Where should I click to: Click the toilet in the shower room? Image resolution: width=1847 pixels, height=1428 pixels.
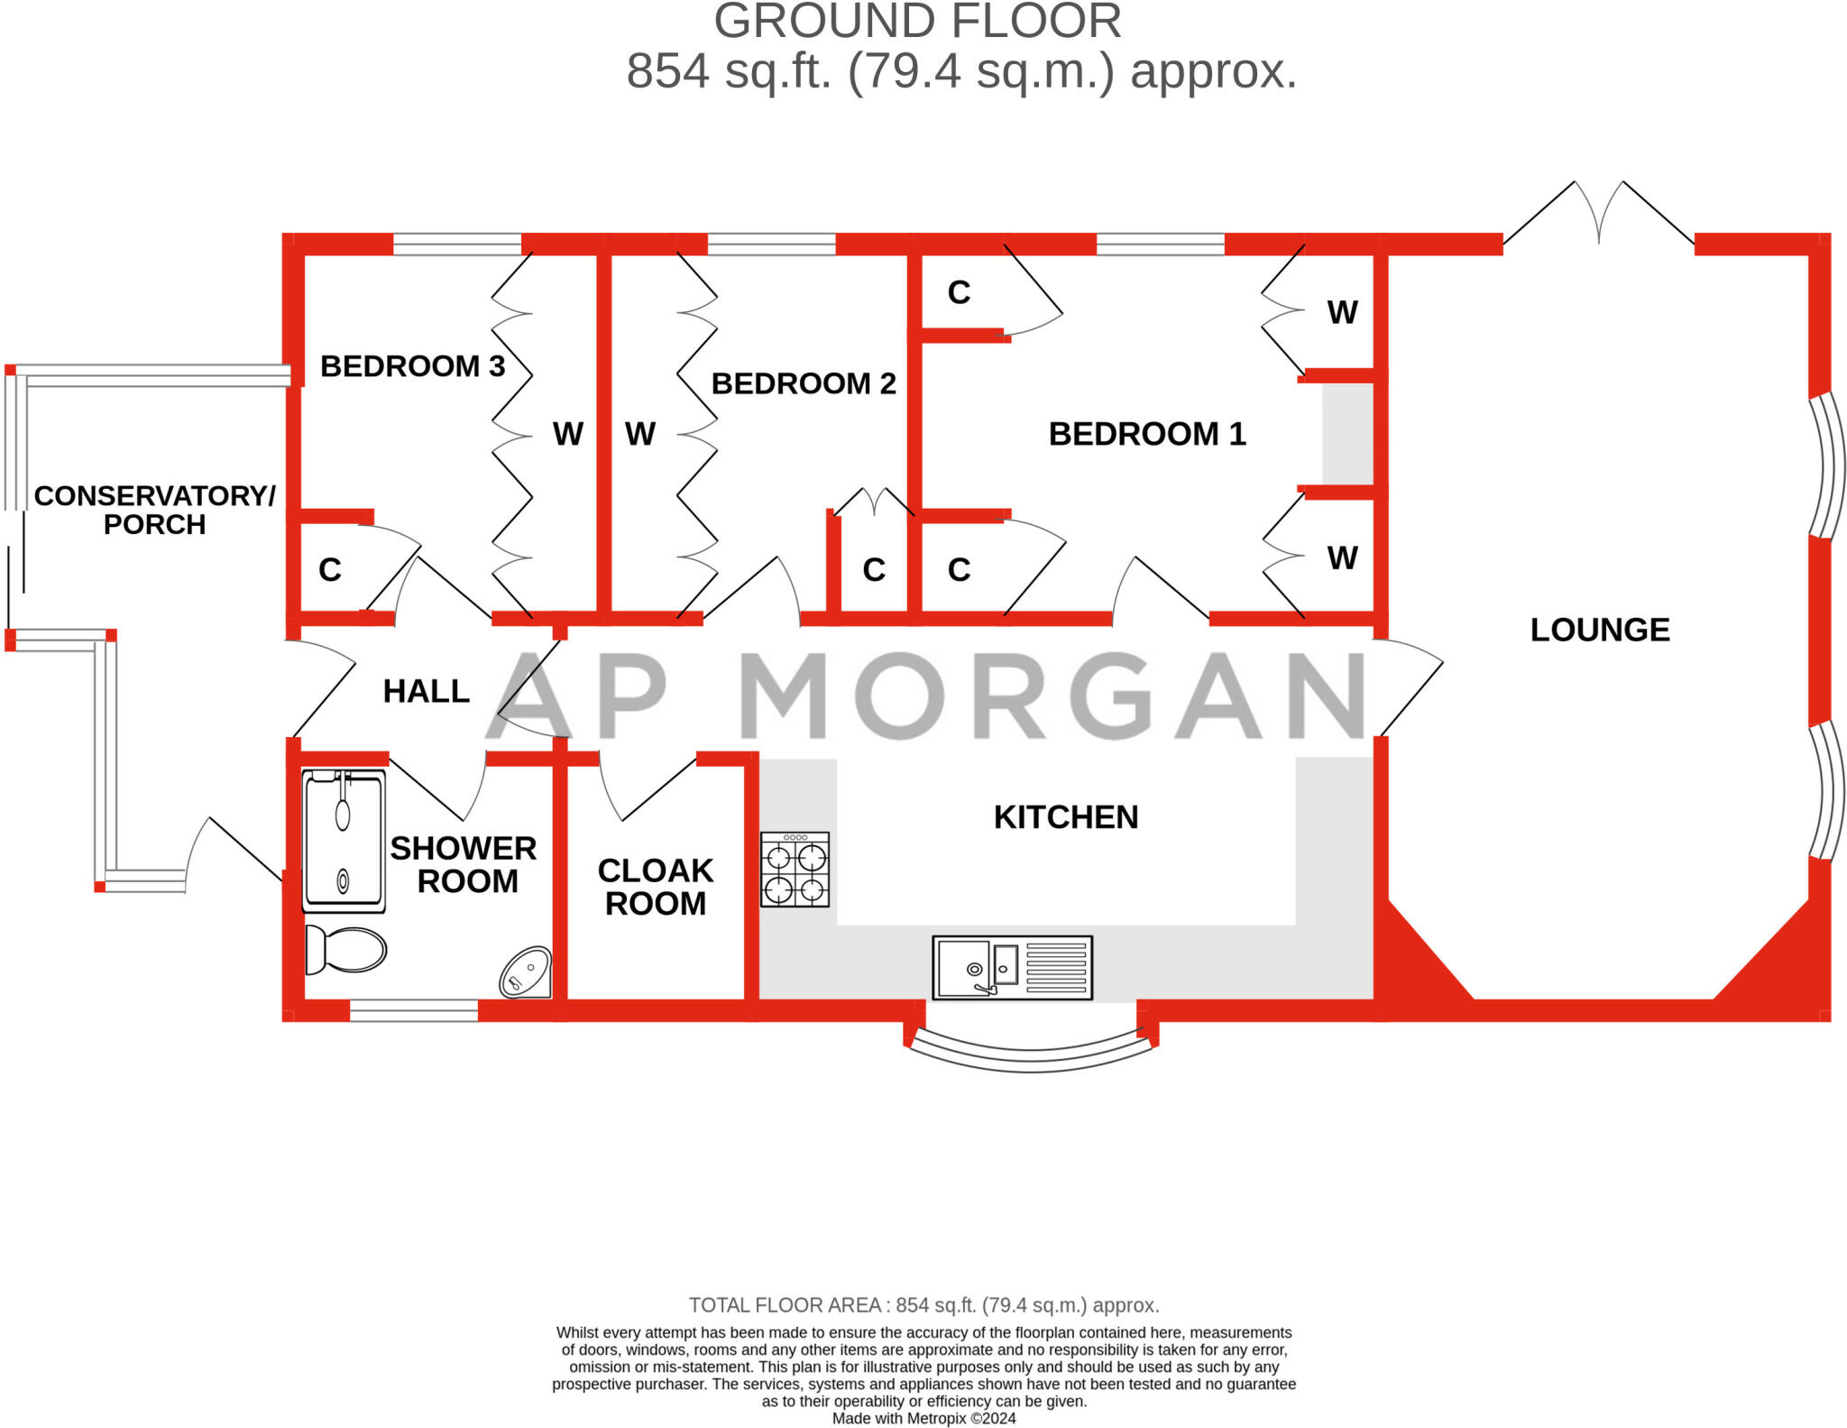(345, 949)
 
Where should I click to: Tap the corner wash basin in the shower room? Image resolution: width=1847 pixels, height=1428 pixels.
(526, 972)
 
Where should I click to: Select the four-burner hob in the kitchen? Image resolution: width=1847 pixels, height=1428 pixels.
(795, 870)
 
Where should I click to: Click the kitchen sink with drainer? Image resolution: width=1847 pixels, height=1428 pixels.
(1012, 968)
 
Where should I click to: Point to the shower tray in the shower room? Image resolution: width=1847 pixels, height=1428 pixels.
(344, 841)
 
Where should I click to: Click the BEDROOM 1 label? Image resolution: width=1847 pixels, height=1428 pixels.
(1146, 434)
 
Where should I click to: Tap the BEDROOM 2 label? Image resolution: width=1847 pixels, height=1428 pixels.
(803, 383)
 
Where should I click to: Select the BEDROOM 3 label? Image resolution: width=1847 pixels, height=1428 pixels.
(412, 366)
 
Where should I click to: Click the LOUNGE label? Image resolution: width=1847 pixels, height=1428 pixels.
(1599, 630)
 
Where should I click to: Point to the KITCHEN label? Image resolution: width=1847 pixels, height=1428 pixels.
(1065, 817)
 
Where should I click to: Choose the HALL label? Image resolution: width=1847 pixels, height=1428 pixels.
(426, 692)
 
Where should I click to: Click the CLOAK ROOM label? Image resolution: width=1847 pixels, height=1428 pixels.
(656, 887)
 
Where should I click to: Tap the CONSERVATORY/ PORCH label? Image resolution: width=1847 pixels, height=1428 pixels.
(154, 510)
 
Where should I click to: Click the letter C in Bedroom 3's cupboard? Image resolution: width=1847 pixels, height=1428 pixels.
(330, 570)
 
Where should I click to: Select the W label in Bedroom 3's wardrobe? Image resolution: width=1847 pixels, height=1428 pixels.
(567, 434)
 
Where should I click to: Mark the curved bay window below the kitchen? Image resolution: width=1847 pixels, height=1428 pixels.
(1031, 1055)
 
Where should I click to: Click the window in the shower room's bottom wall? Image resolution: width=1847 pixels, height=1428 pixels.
(413, 1011)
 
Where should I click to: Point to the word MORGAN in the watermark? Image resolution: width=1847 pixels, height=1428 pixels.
(1051, 695)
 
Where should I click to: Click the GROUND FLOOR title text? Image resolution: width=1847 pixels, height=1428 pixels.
(917, 22)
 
